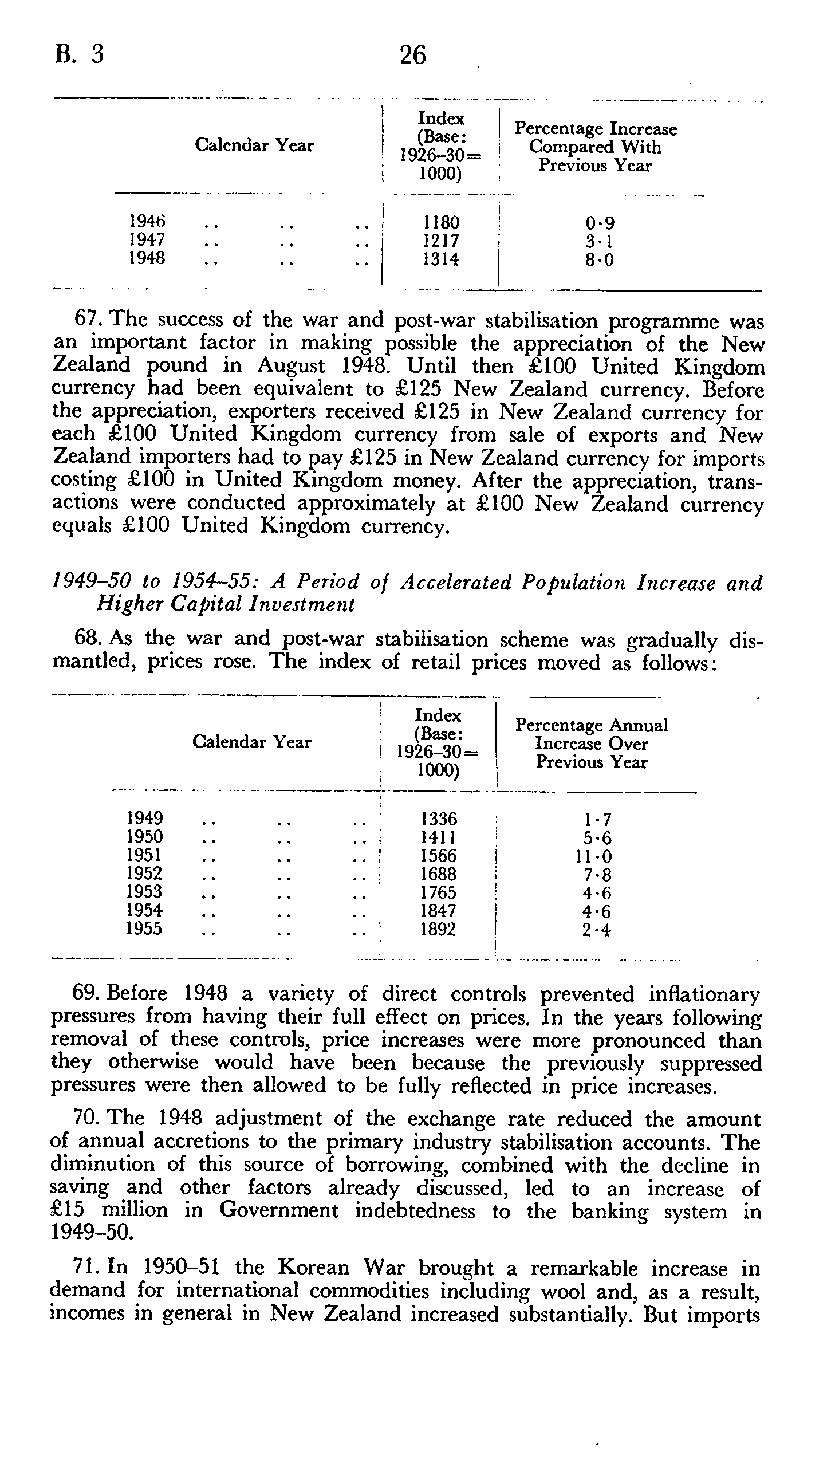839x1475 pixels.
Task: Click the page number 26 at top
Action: (412, 56)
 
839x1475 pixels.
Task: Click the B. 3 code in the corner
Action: (80, 54)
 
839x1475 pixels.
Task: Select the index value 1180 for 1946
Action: (441, 222)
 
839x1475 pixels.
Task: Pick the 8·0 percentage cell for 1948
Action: (599, 260)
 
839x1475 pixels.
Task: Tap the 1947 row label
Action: (147, 239)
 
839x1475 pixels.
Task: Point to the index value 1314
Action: (441, 259)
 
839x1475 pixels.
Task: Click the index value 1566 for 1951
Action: (439, 856)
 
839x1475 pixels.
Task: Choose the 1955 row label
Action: (144, 929)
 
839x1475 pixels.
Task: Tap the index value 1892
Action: (438, 929)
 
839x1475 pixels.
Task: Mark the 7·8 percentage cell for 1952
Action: (597, 875)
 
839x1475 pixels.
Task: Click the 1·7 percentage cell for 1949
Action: (597, 819)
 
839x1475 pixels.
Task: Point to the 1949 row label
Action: (144, 818)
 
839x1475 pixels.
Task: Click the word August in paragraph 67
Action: (291, 366)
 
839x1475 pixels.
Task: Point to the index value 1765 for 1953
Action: (439, 892)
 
